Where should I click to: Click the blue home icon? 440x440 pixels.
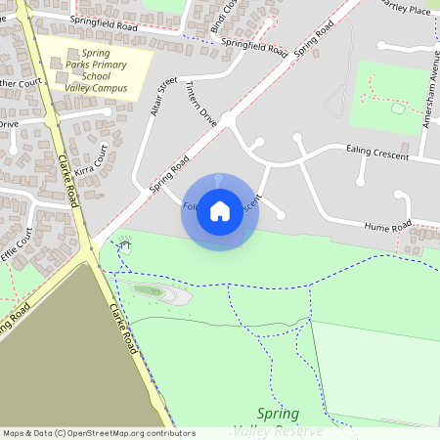(x=220, y=211)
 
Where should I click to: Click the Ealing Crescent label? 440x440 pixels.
(x=376, y=150)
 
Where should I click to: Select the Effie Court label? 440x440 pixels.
(x=16, y=244)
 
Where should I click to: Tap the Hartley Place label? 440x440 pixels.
(x=407, y=8)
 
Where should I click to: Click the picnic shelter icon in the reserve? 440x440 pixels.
(x=124, y=243)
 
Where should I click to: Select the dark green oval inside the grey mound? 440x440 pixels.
(x=148, y=290)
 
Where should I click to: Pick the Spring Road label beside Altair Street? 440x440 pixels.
(x=169, y=178)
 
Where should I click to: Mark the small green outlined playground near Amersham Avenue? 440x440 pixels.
(x=399, y=108)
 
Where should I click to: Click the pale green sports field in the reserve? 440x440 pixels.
(x=376, y=367)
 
